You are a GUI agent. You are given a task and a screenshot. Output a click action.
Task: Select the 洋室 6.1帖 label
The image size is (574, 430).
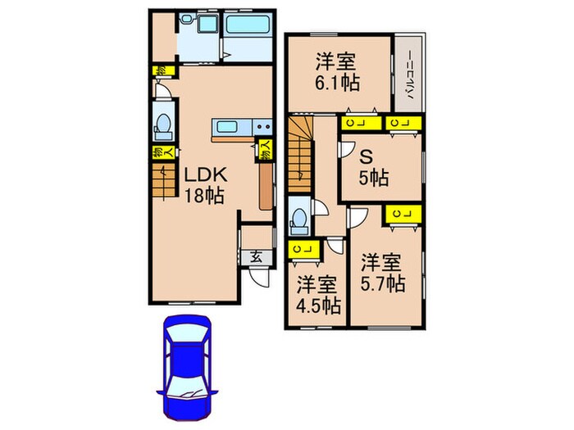pyautogui.click(x=338, y=72)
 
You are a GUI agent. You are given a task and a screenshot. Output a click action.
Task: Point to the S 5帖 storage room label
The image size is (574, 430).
pyautogui.click(x=372, y=169)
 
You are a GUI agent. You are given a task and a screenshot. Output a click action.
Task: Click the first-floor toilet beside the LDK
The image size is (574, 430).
pyautogui.click(x=162, y=124)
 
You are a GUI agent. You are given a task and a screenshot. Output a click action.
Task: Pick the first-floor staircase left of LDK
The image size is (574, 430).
pyautogui.click(x=163, y=181)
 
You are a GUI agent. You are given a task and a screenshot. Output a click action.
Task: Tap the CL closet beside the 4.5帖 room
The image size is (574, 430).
pyautogui.click(x=300, y=249)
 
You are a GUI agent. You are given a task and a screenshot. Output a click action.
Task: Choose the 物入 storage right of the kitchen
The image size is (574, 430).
pyautogui.click(x=266, y=150)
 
